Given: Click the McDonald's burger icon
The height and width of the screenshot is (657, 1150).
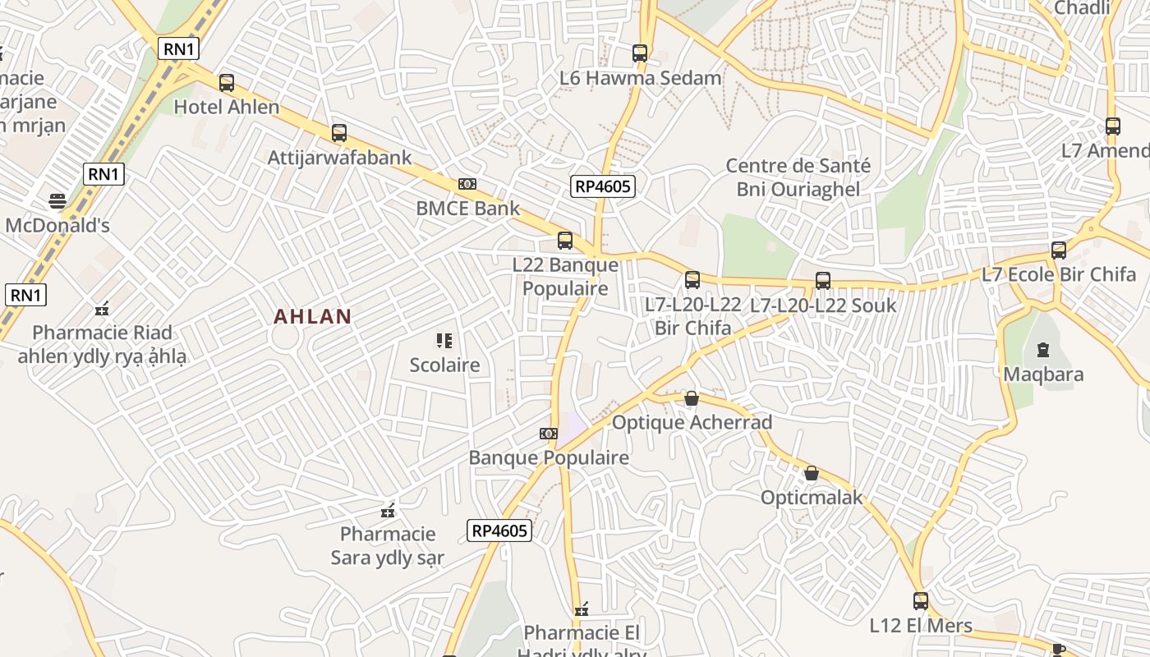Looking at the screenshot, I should (x=57, y=200).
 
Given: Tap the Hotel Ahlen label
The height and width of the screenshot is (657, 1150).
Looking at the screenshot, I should (x=227, y=107).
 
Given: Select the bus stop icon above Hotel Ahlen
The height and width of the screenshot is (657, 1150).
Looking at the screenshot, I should (x=227, y=83).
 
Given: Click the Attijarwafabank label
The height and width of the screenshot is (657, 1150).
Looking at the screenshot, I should (x=339, y=158).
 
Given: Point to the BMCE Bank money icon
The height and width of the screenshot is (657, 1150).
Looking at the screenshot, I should (x=467, y=184).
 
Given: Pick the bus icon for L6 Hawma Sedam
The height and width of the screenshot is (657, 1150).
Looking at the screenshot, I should (x=640, y=53).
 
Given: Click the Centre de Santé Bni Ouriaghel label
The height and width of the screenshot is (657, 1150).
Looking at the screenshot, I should (x=798, y=177).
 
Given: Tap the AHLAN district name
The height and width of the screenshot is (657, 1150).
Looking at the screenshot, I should (x=313, y=316).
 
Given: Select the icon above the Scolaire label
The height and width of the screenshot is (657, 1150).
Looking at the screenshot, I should (x=444, y=341).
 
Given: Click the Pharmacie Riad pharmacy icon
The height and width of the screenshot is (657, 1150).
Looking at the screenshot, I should (x=103, y=309).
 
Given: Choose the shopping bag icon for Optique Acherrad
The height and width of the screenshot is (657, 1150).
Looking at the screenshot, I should (x=692, y=398).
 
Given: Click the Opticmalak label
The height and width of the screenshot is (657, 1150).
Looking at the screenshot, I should (x=812, y=497).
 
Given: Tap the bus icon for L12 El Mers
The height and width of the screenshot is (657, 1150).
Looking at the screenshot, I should (x=921, y=601).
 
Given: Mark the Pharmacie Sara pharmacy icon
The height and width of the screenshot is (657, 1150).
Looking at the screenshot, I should (x=388, y=511).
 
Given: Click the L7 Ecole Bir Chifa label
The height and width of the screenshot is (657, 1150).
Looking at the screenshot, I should (x=1059, y=274).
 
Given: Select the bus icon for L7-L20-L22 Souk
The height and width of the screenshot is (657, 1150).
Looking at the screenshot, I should (x=823, y=281).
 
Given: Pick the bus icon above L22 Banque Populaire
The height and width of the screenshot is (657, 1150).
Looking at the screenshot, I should (x=565, y=241).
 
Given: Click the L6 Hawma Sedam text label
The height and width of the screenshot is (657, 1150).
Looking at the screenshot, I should (x=640, y=78).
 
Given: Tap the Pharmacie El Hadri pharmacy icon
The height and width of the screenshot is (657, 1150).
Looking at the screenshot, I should (x=582, y=609).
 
